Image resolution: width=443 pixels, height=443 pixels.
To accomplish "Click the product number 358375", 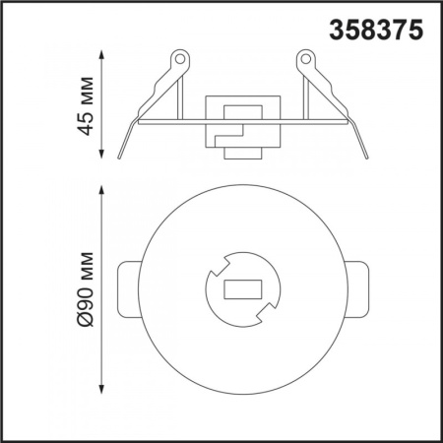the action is click(x=376, y=30).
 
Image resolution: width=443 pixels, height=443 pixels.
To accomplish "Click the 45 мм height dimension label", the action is click(x=85, y=105).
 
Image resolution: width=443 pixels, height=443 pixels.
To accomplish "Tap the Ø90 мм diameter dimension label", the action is click(x=85, y=289).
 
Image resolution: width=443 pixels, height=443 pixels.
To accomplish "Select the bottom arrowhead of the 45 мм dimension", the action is click(x=101, y=154).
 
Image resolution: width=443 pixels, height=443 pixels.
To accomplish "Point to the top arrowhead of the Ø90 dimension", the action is click(x=101, y=190).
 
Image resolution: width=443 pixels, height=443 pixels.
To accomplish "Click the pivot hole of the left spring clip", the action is click(x=179, y=59).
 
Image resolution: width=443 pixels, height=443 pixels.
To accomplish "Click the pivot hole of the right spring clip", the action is click(x=306, y=59).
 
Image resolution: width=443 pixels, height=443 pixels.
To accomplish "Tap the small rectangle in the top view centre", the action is click(x=243, y=289).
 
